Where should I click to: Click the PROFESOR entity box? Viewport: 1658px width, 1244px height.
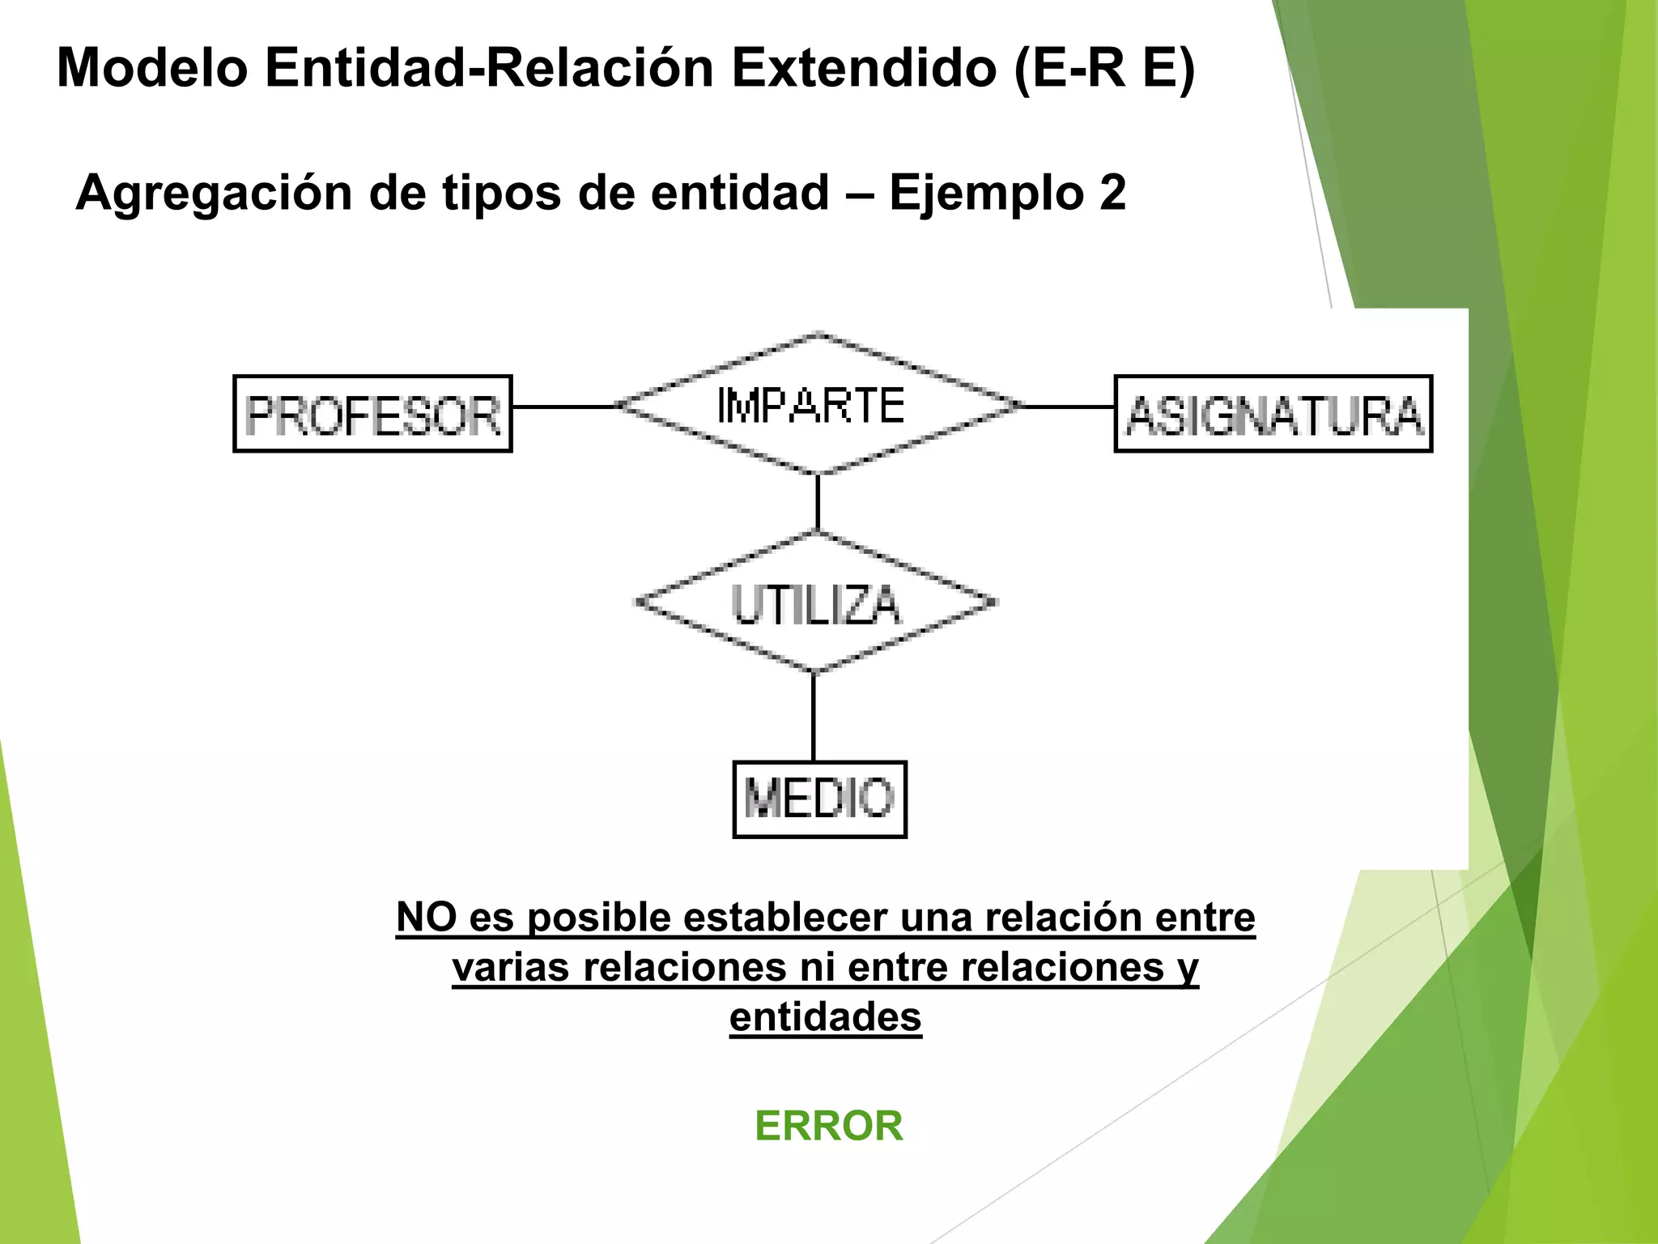click(372, 414)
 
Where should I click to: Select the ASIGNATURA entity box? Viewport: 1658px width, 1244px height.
click(1273, 414)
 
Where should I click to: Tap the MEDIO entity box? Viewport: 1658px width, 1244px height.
click(819, 799)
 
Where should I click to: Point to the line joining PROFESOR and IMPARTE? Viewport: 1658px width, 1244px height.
click(564, 407)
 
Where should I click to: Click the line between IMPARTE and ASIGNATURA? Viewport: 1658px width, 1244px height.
click(1068, 407)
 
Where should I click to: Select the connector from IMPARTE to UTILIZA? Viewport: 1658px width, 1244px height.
click(818, 503)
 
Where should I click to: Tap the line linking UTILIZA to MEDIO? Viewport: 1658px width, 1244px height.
click(814, 717)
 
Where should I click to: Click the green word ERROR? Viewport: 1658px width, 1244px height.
click(829, 1126)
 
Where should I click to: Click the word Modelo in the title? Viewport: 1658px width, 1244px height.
click(152, 68)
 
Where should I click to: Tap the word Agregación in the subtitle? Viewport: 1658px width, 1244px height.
click(214, 194)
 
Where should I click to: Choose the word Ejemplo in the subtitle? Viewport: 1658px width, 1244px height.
click(986, 194)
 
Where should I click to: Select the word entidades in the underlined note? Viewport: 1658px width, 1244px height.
click(825, 1017)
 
